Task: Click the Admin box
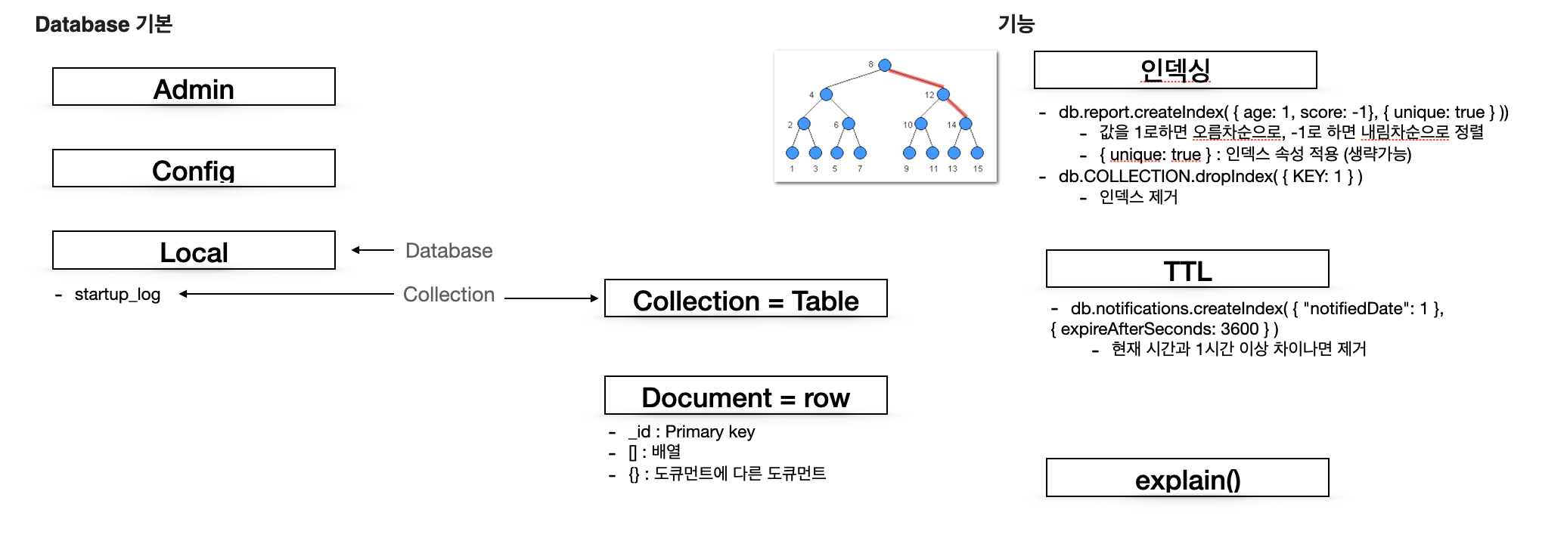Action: (194, 87)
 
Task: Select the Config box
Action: (194, 168)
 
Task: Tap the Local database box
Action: (194, 251)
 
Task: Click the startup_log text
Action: (117, 295)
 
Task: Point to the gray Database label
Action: (448, 251)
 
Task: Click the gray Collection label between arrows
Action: (448, 295)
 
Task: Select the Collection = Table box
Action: (746, 299)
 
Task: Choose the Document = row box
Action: (746, 396)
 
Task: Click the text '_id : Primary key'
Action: (691, 432)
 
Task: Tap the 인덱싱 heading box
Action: (1174, 70)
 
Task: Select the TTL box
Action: (1187, 270)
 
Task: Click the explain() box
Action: (1187, 478)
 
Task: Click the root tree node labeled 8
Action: (885, 66)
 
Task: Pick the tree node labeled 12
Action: (943, 95)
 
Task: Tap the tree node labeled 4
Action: (827, 95)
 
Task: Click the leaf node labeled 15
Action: (977, 153)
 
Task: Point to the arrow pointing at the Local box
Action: (373, 250)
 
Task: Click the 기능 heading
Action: (1016, 24)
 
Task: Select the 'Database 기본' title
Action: (104, 24)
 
